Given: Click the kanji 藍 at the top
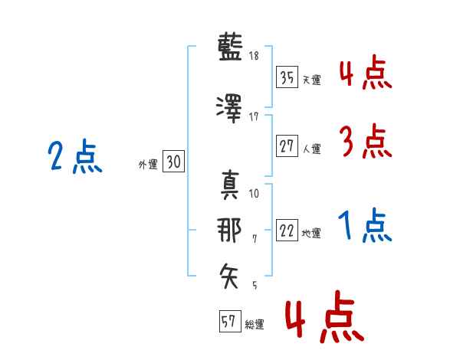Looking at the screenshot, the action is coord(230,47).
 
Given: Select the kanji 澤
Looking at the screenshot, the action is coord(229,109).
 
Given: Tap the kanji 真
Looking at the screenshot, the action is coord(229,185).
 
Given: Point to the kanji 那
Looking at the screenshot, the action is coord(228,230).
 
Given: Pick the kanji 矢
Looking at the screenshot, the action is coord(228,276).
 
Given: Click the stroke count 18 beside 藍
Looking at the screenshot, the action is coord(254,55).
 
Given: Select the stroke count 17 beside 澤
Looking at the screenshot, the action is coord(254,117).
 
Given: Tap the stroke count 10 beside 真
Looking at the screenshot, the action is coord(254,194).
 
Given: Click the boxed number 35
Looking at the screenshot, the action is coord(287,77).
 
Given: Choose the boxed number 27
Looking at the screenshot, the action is coord(287,146).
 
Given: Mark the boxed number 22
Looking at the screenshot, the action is coord(287,230).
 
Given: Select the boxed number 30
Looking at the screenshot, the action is coord(173,161).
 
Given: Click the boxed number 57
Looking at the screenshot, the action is coord(230,321).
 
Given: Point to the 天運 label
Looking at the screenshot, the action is coord(312,80).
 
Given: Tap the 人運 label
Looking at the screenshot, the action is coord(312,149).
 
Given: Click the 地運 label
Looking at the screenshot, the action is coord(311,234).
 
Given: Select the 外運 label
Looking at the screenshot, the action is coord(148,165).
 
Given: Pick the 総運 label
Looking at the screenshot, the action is coord(255,325).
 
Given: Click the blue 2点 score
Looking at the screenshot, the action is coord(75,156).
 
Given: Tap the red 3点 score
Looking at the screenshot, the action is coord(366,141).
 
